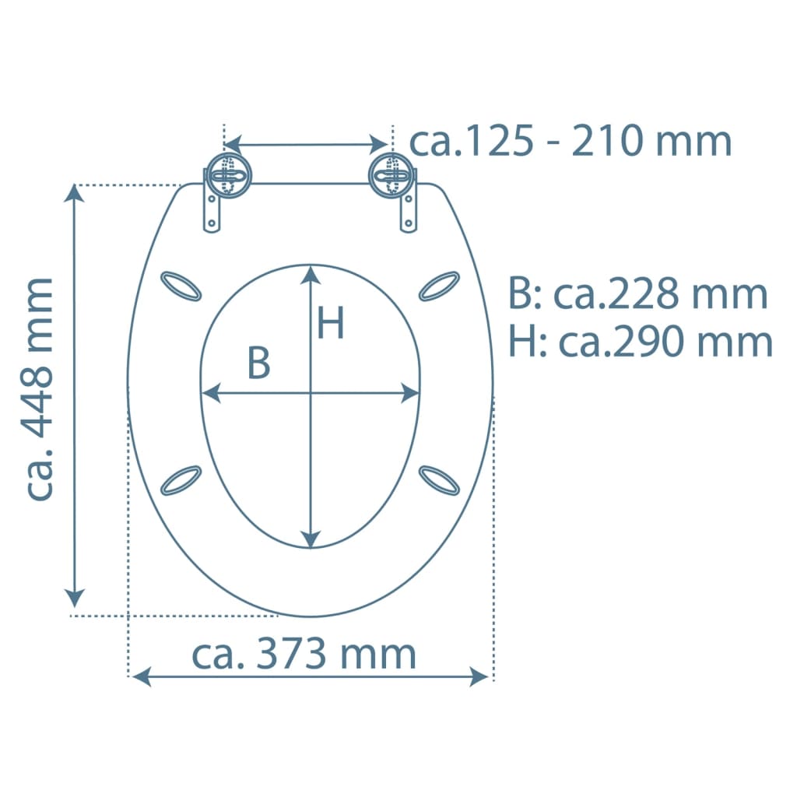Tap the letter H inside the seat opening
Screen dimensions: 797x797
point(330,323)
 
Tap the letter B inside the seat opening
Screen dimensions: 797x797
point(258,363)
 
